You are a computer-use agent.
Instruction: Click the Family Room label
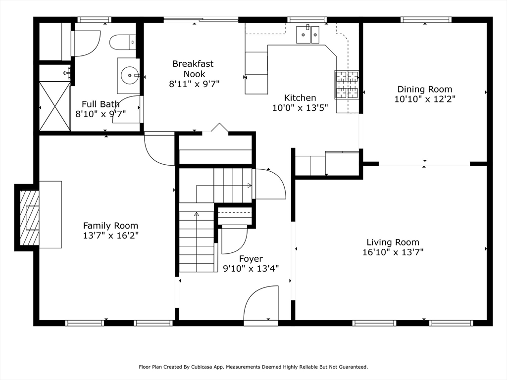[x=110, y=226]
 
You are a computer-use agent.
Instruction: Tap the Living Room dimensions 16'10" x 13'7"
[x=393, y=252]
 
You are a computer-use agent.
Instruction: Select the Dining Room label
[x=425, y=89]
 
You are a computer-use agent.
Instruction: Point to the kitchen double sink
[x=308, y=34]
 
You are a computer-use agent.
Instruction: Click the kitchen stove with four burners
[x=347, y=84]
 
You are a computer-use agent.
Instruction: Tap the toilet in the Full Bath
[x=123, y=43]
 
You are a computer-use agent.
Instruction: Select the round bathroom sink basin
[x=130, y=75]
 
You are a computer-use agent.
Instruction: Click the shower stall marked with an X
[x=54, y=106]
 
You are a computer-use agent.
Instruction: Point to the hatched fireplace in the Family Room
[x=30, y=218]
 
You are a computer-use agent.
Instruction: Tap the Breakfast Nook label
[x=193, y=69]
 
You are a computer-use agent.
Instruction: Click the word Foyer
[x=251, y=259]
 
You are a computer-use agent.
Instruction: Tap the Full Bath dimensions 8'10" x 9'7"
[x=101, y=114]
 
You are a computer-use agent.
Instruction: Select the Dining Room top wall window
[x=426, y=20]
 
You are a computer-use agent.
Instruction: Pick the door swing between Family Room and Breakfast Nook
[x=159, y=148]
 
